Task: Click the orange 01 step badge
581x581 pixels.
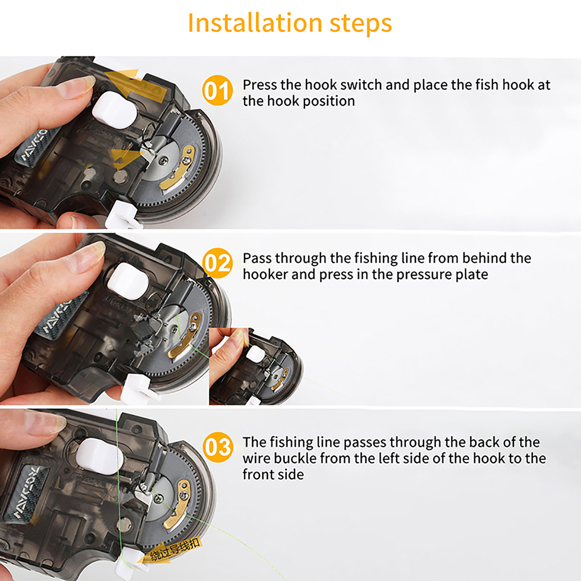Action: click(x=217, y=90)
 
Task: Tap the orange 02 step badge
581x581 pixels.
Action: click(x=217, y=263)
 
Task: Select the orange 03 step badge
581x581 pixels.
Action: click(x=217, y=447)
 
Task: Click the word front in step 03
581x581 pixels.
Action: click(x=258, y=474)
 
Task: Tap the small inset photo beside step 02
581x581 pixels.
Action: click(x=256, y=366)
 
